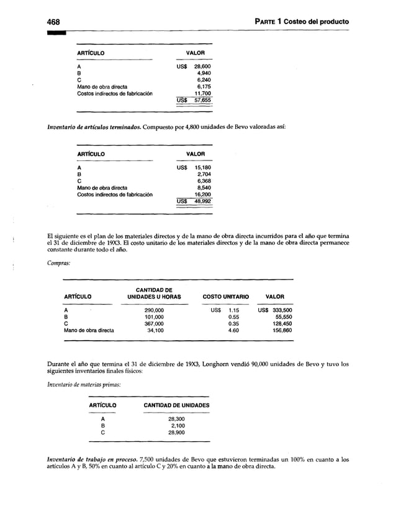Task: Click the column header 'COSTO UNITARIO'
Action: click(x=226, y=297)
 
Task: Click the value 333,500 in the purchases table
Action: click(x=274, y=309)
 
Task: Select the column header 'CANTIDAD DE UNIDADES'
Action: click(x=176, y=406)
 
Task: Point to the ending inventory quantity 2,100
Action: click(x=176, y=426)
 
